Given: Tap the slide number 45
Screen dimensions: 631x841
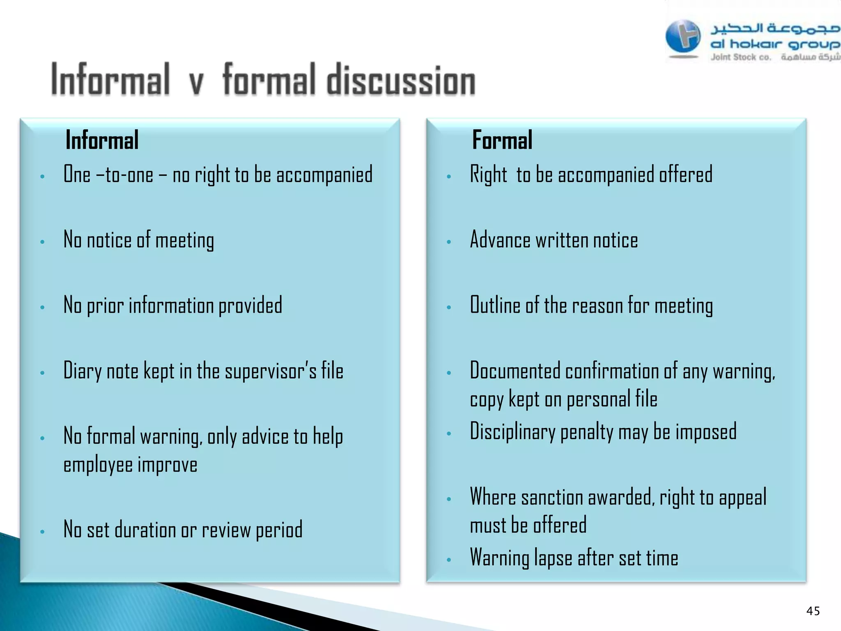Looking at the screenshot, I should pos(813,611).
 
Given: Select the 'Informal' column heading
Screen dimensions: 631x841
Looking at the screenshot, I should pos(102,140).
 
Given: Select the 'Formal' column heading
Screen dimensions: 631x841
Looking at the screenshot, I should pos(502,140).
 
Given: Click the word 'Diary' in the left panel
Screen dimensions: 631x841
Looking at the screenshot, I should pos(82,371).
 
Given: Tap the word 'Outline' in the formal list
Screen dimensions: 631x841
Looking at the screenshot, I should pos(495,305).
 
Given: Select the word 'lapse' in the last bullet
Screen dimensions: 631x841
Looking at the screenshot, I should pos(553,558).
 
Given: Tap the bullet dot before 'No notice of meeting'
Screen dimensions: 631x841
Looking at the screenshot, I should pos(42,242).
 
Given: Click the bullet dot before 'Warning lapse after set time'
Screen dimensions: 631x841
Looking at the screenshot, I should pos(449,560).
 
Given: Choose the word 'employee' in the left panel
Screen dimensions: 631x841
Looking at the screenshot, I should pos(98,465).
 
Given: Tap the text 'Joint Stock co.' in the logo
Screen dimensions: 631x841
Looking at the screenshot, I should pos(740,57).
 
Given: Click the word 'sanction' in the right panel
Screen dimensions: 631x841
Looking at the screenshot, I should pos(552,498).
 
